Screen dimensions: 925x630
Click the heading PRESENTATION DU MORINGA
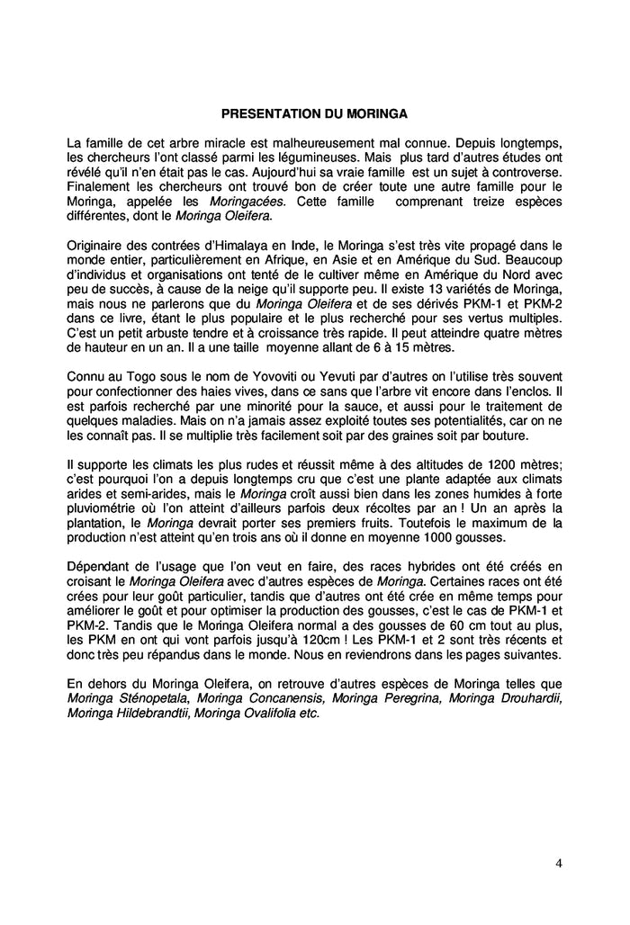[x=315, y=114]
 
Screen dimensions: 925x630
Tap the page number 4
[x=559, y=864]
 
